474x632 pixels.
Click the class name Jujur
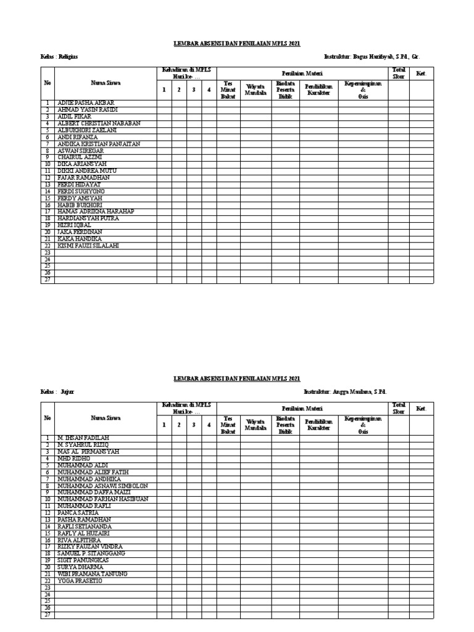pyautogui.click(x=67, y=392)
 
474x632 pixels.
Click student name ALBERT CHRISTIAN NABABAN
pyautogui.click(x=99, y=123)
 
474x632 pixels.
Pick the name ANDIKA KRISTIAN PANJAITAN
pyautogui.click(x=99, y=144)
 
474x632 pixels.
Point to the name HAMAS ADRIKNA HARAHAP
pyautogui.click(x=95, y=212)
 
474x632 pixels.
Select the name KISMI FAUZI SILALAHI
pyautogui.click(x=88, y=246)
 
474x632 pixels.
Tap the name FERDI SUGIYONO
pyautogui.click(x=81, y=191)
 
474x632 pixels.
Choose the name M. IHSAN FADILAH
pyautogui.click(x=83, y=438)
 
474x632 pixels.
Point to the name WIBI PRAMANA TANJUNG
pyautogui.click(x=92, y=573)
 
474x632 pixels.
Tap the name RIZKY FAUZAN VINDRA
pyautogui.click(x=89, y=546)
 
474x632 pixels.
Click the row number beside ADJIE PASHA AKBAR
pyautogui.click(x=47, y=103)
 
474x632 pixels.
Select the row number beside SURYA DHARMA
pyautogui.click(x=47, y=567)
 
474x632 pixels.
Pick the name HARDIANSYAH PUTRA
pyautogui.click(x=87, y=218)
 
